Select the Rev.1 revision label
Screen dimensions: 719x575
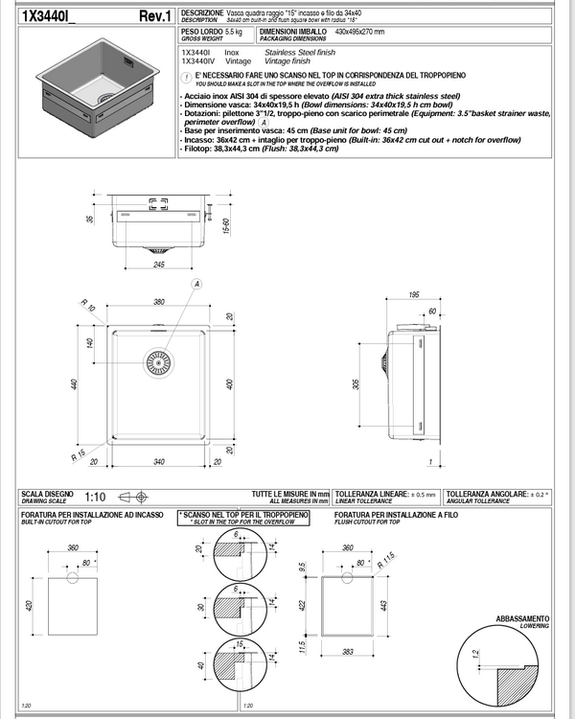(x=154, y=15)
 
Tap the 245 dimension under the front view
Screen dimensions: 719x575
(x=158, y=265)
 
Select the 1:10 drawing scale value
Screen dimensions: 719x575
(x=95, y=497)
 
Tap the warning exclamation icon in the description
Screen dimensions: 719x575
(x=186, y=75)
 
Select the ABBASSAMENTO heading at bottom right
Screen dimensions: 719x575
(x=522, y=619)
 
